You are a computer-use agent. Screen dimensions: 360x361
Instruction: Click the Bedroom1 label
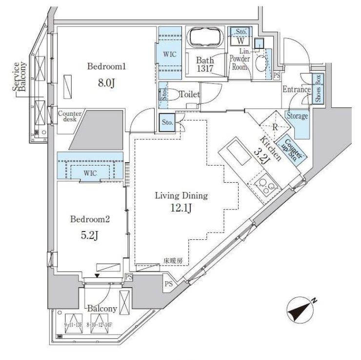(x=106, y=66)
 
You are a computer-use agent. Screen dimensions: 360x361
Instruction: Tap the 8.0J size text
(x=106, y=83)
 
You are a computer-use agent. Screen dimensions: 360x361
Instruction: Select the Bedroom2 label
(x=90, y=219)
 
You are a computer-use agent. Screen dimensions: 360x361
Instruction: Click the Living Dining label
(x=181, y=196)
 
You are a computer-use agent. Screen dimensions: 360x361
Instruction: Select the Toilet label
(x=189, y=94)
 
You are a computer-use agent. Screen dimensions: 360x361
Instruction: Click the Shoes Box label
(x=318, y=88)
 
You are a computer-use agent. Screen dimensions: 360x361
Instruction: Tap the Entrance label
(x=297, y=89)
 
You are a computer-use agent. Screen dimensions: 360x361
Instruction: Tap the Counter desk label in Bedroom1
(x=69, y=117)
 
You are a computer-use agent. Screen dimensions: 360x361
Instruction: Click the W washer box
(x=241, y=42)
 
